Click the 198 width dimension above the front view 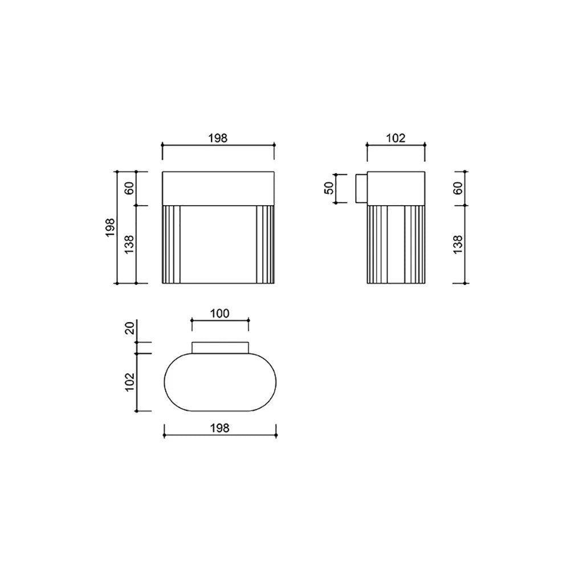(x=218, y=138)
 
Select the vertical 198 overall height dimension (x=110, y=227)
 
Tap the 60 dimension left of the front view (x=129, y=188)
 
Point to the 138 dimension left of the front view (x=129, y=245)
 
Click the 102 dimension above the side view (x=396, y=138)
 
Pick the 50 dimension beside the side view (x=329, y=188)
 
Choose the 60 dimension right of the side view (x=458, y=188)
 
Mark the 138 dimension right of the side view (x=458, y=245)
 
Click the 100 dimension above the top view (x=220, y=313)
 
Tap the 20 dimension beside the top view (x=130, y=328)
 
